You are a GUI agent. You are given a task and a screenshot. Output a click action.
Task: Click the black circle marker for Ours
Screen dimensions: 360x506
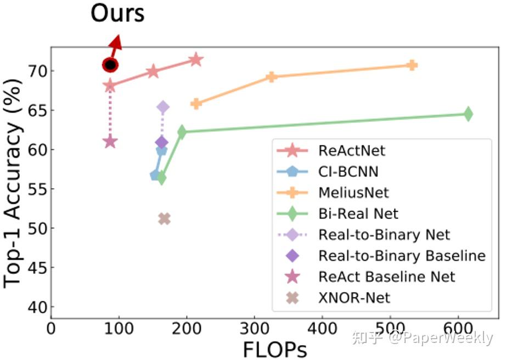click(x=110, y=65)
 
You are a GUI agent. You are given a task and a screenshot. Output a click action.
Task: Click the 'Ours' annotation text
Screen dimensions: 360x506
click(x=117, y=13)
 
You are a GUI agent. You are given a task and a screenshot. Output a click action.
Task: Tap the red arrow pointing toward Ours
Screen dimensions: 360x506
click(x=116, y=44)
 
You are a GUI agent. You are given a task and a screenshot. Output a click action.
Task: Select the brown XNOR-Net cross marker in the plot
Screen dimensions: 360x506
click(x=164, y=219)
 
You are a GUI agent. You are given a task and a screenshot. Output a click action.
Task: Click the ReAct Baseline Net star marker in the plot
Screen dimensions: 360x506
click(x=110, y=142)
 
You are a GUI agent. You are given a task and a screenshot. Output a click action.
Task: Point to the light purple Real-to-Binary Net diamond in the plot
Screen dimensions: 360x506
click(x=163, y=107)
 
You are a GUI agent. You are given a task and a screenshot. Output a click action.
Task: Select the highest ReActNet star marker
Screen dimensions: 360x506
click(x=196, y=59)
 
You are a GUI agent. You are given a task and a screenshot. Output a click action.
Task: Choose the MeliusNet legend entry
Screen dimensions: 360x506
click(x=353, y=192)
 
